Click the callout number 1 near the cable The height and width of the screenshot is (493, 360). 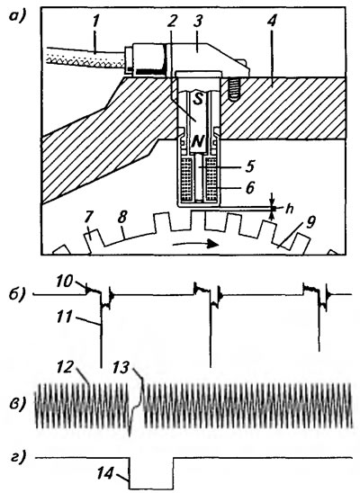[x=96, y=22]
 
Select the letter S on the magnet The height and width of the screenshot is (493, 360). [x=197, y=99]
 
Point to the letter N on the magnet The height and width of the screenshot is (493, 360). [x=197, y=142]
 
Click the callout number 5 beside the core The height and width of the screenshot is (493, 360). [x=249, y=166]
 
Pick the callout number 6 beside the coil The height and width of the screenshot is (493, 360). [x=249, y=188]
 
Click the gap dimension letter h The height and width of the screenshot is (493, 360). [x=289, y=209]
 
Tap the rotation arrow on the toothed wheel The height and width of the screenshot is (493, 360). [x=195, y=244]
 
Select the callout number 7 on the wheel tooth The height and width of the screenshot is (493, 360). [x=89, y=217]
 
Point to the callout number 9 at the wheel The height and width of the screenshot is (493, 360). [x=310, y=223]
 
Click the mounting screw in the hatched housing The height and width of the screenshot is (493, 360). [x=233, y=89]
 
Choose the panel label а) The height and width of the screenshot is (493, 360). [x=16, y=15]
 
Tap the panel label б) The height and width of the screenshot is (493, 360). [x=17, y=295]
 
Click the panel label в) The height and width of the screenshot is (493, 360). [x=16, y=404]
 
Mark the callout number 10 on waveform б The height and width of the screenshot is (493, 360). [x=65, y=281]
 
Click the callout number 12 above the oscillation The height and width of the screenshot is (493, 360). [x=67, y=367]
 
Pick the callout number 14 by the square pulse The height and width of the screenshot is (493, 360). [x=104, y=472]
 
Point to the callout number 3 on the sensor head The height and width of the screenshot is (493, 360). [x=198, y=21]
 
